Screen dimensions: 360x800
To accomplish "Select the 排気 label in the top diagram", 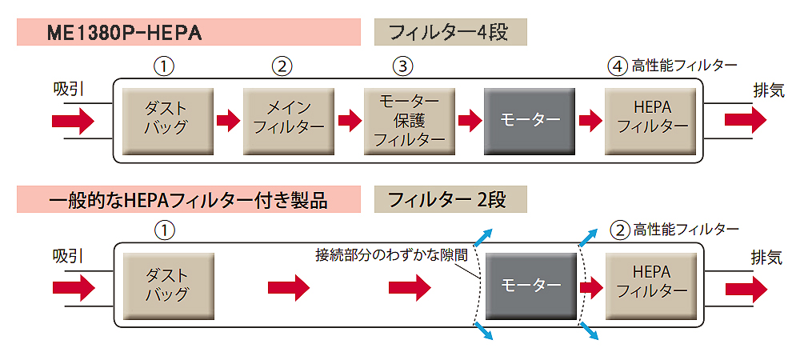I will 767,90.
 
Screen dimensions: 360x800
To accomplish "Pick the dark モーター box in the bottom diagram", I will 530,285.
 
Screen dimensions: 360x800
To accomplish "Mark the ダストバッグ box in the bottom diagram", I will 168,285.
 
